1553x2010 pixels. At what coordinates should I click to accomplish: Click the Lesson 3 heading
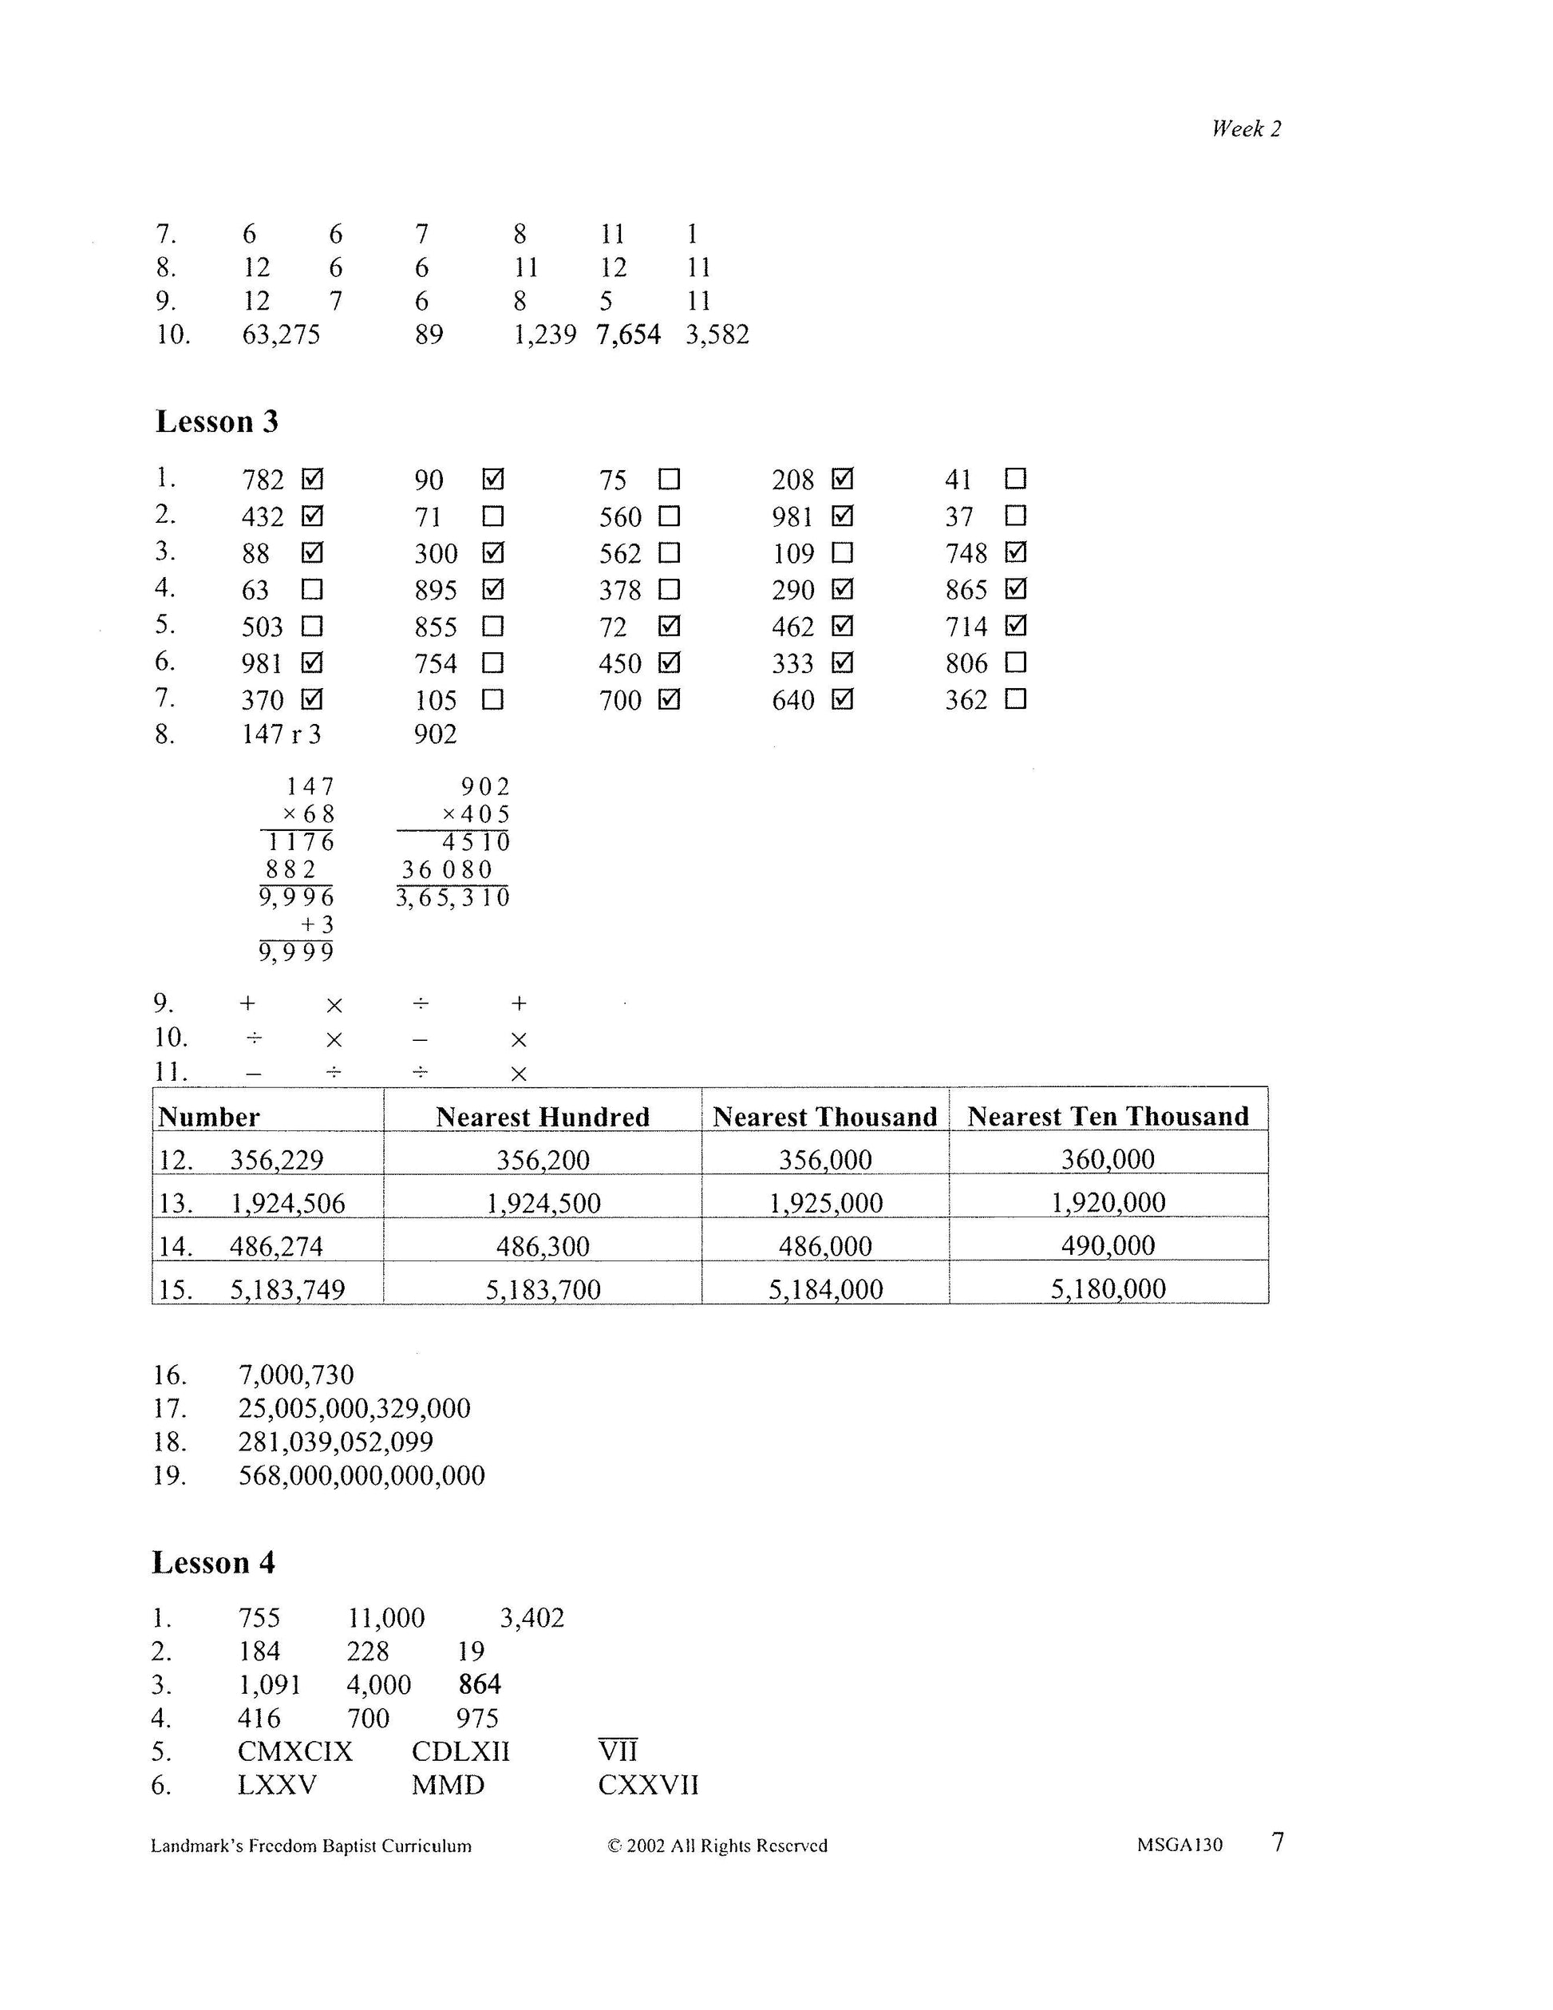(x=216, y=421)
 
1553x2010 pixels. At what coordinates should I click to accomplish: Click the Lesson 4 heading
(x=213, y=1563)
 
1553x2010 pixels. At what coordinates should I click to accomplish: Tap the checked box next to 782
(x=312, y=480)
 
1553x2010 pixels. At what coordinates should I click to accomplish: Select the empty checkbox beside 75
(x=670, y=480)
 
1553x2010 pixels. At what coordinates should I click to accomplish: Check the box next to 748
(x=1016, y=552)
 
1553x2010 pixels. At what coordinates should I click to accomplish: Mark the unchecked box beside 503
(x=312, y=627)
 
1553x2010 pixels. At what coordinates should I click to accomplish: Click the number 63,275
(x=281, y=334)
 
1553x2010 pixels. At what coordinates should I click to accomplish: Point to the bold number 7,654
(x=628, y=334)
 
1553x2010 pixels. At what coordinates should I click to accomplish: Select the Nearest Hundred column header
(x=542, y=1117)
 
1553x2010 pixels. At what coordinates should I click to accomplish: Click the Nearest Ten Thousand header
(x=1108, y=1117)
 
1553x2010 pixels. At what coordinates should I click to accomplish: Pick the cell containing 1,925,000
(x=825, y=1203)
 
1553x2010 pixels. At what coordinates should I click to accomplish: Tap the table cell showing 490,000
(x=1108, y=1246)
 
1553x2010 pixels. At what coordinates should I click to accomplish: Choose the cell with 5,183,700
(x=543, y=1289)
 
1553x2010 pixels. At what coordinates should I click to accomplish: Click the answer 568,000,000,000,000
(x=362, y=1475)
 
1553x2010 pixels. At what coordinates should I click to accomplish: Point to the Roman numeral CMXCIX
(x=295, y=1751)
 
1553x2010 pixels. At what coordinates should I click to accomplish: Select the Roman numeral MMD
(x=448, y=1786)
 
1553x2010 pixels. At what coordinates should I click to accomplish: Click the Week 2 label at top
(x=1246, y=129)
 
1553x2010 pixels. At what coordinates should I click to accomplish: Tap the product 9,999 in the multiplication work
(x=296, y=952)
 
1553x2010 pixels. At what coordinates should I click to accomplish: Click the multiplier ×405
(x=475, y=814)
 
